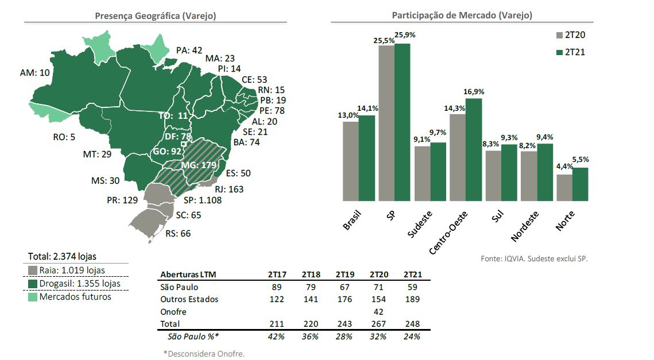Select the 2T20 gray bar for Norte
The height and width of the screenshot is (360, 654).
[564, 188]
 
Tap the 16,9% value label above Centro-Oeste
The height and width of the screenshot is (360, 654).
[474, 91]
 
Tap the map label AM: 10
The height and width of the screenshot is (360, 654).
[35, 73]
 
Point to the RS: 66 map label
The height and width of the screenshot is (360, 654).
[177, 234]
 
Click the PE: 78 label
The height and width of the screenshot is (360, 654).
[272, 110]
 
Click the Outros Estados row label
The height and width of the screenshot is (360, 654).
[189, 299]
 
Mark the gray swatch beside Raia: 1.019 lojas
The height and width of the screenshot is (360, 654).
[32, 270]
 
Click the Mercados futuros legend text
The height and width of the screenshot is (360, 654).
[75, 297]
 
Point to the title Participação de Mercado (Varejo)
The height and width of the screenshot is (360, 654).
[462, 16]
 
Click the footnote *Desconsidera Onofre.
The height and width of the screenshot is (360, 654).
[203, 353]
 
